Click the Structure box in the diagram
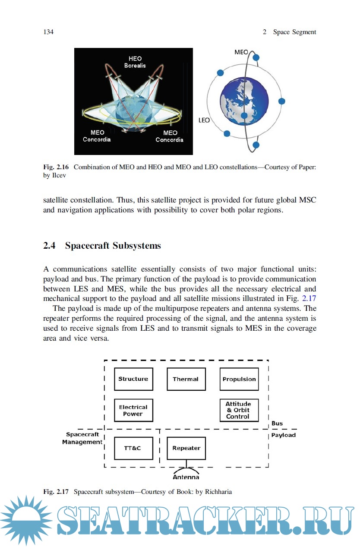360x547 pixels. coord(133,379)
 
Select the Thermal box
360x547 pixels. coord(186,379)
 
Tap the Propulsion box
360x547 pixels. coord(239,379)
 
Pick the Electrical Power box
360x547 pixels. coord(133,410)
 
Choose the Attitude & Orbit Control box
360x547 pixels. coord(239,410)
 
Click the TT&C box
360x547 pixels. coord(133,448)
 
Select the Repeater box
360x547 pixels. coord(186,448)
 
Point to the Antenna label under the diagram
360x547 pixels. coord(186,477)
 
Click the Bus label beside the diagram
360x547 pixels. coord(277,424)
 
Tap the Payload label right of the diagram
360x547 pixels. coord(283,435)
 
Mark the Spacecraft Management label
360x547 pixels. coord(82,438)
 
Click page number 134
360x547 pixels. coord(48,32)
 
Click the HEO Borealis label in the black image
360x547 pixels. coord(135,62)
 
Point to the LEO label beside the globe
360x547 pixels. coord(204,120)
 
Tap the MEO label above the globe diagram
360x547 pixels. coord(241,52)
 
